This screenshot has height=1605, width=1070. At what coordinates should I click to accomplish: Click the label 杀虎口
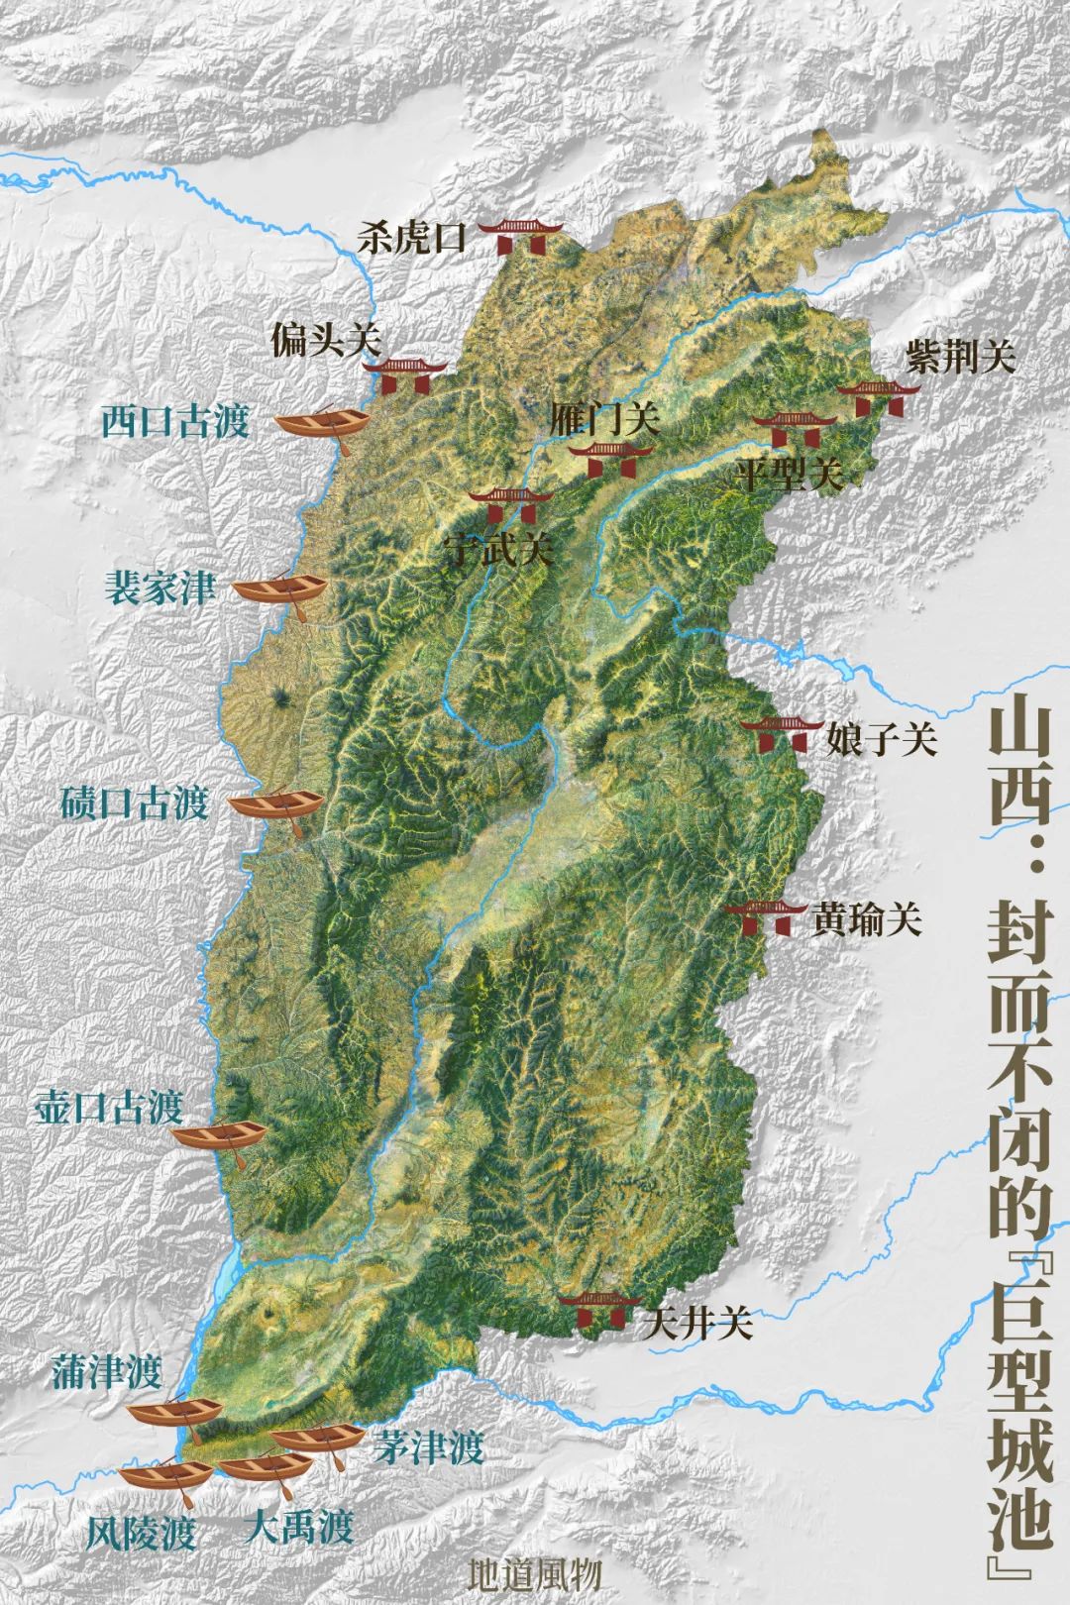tap(411, 239)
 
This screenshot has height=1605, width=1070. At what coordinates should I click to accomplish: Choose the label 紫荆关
tap(960, 358)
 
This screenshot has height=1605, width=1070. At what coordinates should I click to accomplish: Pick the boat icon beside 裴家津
tap(278, 590)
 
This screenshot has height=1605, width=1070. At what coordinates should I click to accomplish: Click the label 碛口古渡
tap(134, 802)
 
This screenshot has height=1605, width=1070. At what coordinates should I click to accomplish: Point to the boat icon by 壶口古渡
tap(221, 1135)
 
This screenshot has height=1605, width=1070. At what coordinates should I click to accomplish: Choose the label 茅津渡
tap(429, 1448)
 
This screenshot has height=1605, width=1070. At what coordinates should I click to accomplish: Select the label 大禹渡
tap(298, 1527)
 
